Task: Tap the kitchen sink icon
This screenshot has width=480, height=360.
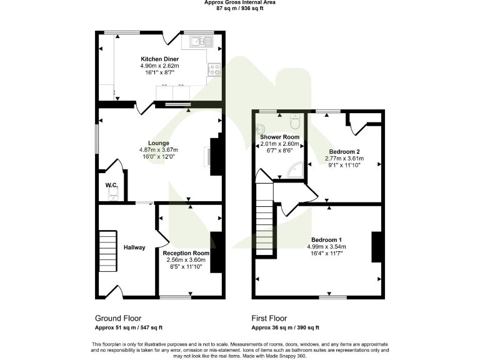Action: click(198, 42)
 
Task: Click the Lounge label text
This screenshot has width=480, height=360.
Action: click(159, 143)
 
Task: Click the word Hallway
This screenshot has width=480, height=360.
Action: click(134, 247)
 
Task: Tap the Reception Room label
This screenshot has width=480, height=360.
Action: click(186, 253)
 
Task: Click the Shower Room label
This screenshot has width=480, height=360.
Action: click(279, 137)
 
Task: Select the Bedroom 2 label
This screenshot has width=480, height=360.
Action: click(344, 152)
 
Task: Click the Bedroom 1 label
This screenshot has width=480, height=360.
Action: click(327, 240)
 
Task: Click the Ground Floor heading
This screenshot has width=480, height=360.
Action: click(118, 317)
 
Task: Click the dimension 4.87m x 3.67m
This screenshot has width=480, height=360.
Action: click(159, 150)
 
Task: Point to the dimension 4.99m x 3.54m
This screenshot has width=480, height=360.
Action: click(327, 247)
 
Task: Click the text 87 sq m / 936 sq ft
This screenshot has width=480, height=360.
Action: click(240, 8)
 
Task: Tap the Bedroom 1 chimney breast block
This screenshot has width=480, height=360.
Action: click(376, 247)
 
